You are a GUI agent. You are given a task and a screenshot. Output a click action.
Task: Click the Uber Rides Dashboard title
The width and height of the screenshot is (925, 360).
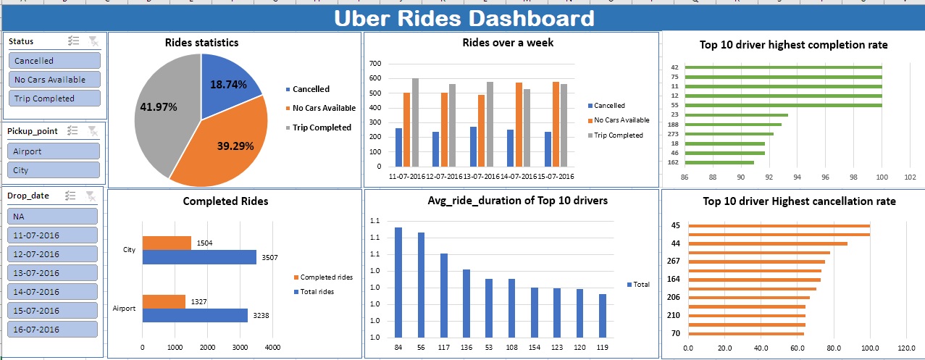tap(464, 19)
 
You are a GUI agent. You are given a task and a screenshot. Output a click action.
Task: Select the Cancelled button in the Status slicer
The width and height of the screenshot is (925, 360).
tap(54, 61)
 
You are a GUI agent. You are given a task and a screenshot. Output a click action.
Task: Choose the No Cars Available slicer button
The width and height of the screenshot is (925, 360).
tap(54, 80)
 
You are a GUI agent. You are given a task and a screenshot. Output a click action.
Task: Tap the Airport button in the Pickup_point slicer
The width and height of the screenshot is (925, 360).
tap(54, 151)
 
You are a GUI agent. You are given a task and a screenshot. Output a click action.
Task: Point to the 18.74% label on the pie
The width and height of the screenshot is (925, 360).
tap(228, 85)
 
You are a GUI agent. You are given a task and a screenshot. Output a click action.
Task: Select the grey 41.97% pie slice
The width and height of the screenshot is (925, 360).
tap(163, 116)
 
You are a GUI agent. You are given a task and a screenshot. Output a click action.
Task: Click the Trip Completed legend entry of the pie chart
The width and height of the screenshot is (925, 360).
tap(321, 127)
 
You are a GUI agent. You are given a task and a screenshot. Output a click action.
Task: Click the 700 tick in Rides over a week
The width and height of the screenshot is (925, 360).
tap(375, 64)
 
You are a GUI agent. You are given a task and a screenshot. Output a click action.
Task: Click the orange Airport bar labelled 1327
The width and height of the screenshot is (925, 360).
tap(164, 301)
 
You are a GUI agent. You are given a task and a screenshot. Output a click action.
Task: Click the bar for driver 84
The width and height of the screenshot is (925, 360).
tap(398, 282)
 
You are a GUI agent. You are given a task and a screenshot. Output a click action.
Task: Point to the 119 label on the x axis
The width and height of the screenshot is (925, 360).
tap(603, 348)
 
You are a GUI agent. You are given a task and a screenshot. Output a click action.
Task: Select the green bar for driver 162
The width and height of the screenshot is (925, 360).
tap(719, 162)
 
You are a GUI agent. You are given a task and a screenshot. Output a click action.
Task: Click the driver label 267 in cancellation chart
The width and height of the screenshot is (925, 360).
tap(673, 261)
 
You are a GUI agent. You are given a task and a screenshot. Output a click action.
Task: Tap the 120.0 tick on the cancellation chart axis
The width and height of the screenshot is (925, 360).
tap(906, 348)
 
